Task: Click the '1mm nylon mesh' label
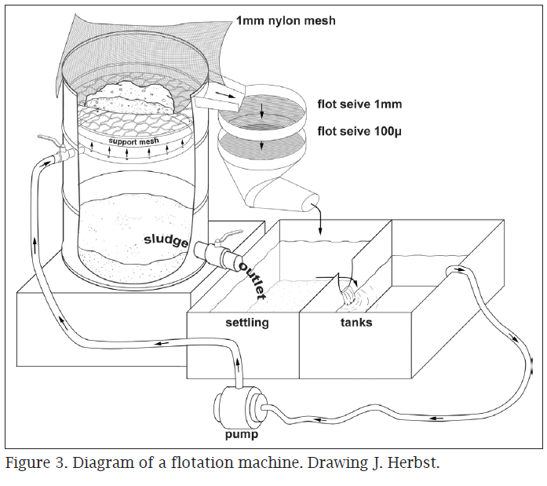tap(286, 20)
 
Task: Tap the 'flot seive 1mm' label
tap(359, 103)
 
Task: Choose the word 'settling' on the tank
tap(247, 322)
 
